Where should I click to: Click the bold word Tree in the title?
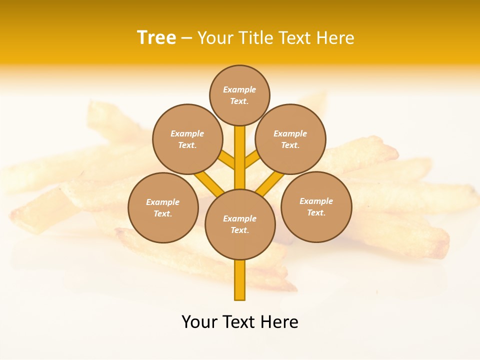click(x=156, y=38)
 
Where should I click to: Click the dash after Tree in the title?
click(x=186, y=38)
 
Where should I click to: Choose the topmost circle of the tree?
click(x=239, y=95)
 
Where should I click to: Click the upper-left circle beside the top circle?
click(x=187, y=139)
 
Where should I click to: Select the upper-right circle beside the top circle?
click(x=290, y=139)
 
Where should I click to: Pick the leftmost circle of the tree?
click(x=163, y=207)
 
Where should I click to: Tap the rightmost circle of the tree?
click(x=316, y=206)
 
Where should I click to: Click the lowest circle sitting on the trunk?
click(x=240, y=224)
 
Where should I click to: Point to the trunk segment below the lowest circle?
click(x=240, y=280)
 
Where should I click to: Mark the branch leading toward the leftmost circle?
click(x=209, y=183)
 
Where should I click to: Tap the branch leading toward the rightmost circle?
click(x=270, y=183)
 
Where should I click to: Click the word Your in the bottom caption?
click(x=199, y=322)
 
